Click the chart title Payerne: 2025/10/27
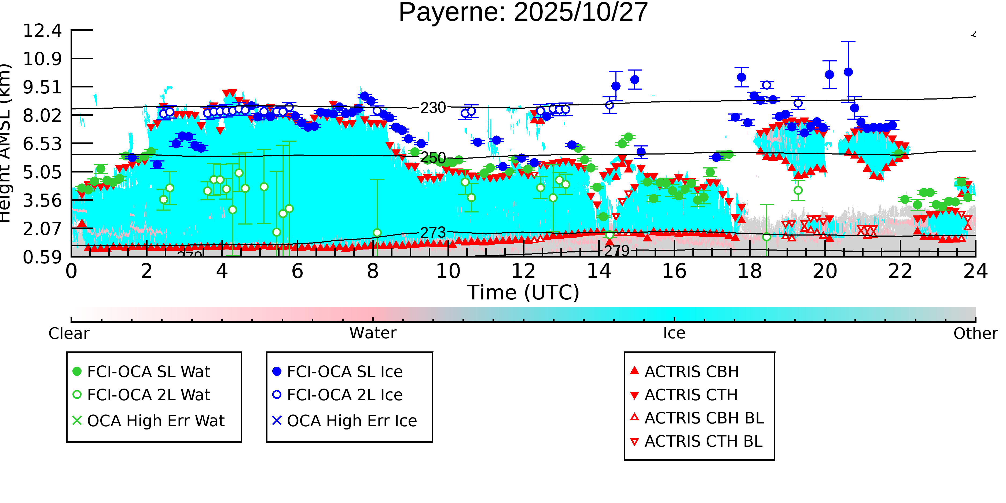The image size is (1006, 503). [x=523, y=13]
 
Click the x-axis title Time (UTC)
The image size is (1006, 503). [x=523, y=292]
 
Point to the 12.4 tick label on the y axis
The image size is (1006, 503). [x=42, y=31]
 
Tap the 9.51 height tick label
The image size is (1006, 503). [x=42, y=87]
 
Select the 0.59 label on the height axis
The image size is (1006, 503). [x=42, y=257]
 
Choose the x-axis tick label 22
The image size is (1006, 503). [x=900, y=271]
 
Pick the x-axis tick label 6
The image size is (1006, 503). [x=297, y=271]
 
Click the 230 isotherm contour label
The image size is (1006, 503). [x=433, y=108]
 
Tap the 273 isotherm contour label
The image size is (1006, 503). [x=433, y=233]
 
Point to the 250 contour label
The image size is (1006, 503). [x=433, y=158]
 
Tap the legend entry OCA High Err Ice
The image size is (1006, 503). [x=351, y=421]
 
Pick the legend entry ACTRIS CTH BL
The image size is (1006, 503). [x=703, y=441]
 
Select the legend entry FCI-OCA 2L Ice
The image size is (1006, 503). [x=344, y=395]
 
